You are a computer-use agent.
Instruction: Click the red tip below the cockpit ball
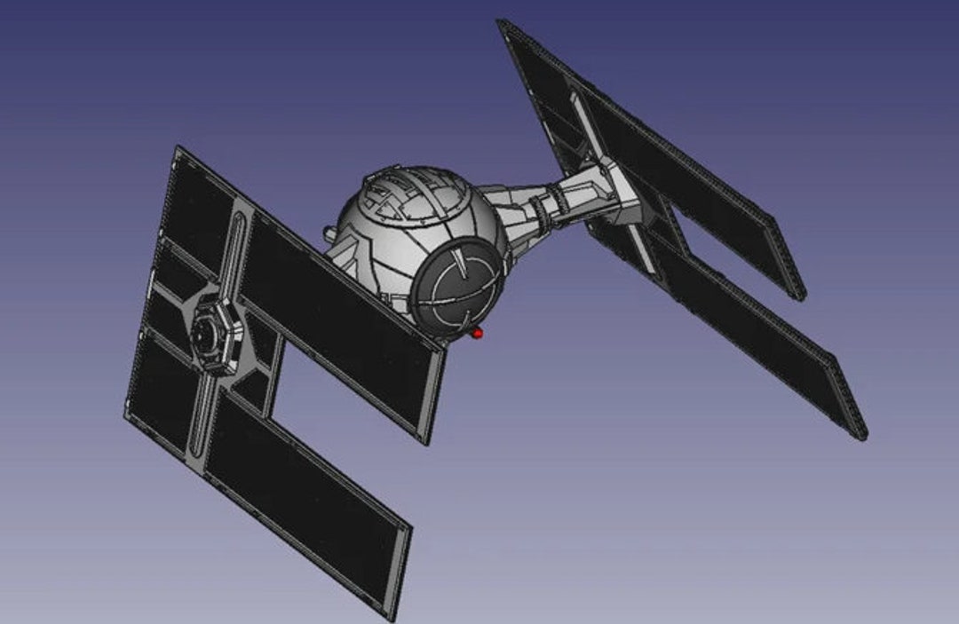[478, 334]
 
